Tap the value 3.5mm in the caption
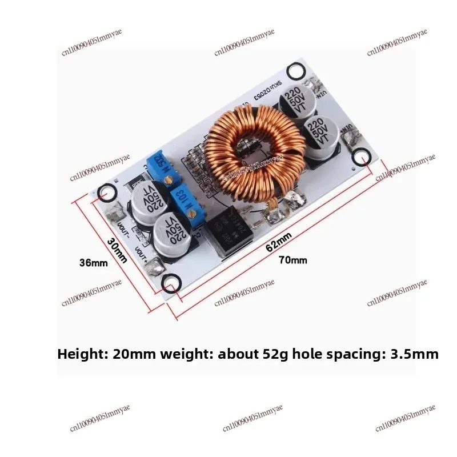click(x=415, y=354)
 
